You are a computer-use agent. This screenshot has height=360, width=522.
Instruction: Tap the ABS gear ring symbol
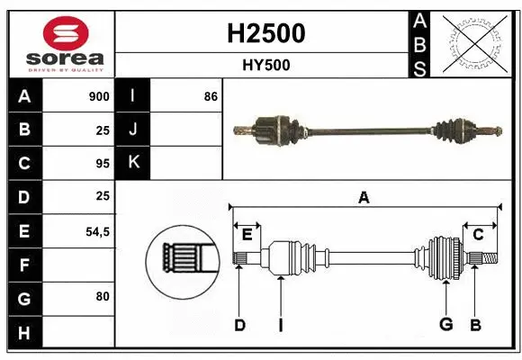pyautogui.click(x=474, y=43)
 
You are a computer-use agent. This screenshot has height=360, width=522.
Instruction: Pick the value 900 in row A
pyautogui.click(x=99, y=96)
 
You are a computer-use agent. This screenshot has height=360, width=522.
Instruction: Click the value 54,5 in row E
pyautogui.click(x=97, y=231)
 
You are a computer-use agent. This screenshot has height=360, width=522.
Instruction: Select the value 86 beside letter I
pyautogui.click(x=211, y=96)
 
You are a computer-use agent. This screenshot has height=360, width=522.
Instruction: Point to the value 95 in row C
pyautogui.click(x=102, y=164)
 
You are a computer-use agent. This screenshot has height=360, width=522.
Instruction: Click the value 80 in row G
pyautogui.click(x=103, y=295)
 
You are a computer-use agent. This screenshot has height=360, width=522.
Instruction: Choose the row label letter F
pyautogui.click(x=25, y=265)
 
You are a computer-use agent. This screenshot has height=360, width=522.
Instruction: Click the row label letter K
pyautogui.click(x=133, y=163)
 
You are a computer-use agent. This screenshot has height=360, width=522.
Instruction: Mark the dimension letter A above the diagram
pyautogui.click(x=364, y=198)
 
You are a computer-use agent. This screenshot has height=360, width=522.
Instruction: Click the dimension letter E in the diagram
pyautogui.click(x=247, y=234)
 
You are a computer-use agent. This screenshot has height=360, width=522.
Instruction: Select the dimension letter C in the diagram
pyautogui.click(x=478, y=234)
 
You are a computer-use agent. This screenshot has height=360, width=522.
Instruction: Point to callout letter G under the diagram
pyautogui.click(x=445, y=325)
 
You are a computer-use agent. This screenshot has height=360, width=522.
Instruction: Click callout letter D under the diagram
pyautogui.click(x=239, y=325)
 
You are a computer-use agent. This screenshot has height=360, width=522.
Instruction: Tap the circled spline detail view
pyautogui.click(x=183, y=258)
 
